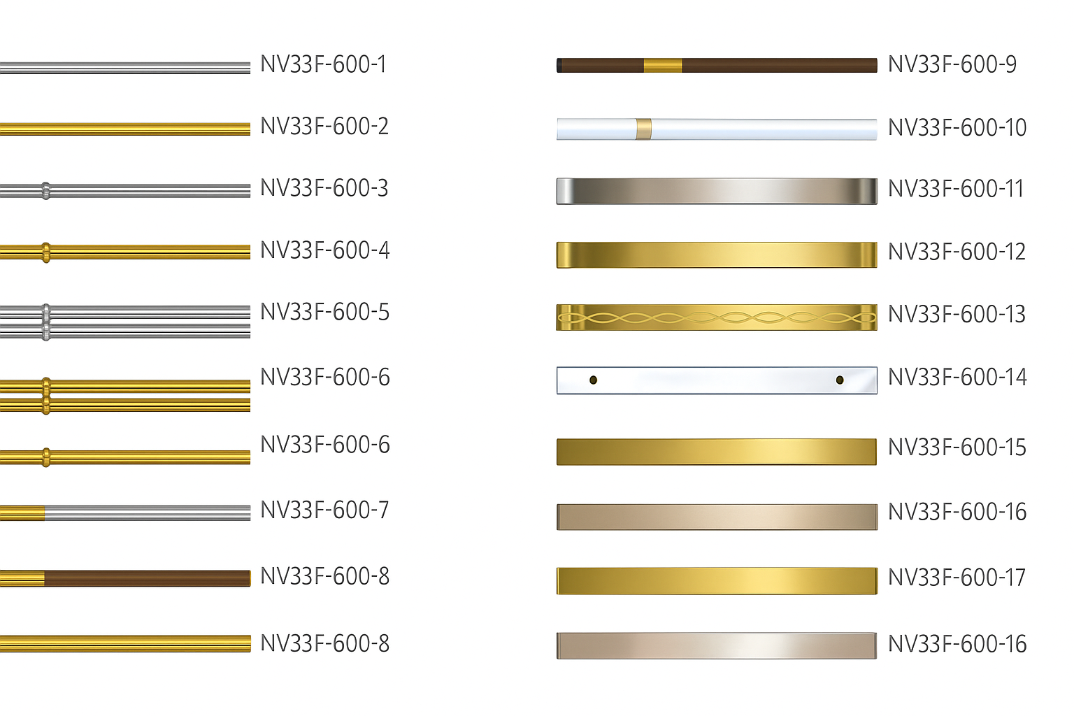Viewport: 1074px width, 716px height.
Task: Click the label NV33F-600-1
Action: coord(323,64)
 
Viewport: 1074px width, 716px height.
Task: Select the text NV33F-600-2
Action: coord(324,126)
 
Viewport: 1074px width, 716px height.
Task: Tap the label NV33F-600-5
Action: coord(324,312)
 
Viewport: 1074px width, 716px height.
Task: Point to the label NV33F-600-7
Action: coord(324,510)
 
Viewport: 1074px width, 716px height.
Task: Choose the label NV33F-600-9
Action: coord(952,64)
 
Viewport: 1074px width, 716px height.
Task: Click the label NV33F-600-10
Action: coord(957,127)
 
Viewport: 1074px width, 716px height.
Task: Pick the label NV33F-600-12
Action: coord(957,252)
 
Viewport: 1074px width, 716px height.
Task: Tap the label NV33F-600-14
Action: coord(957,377)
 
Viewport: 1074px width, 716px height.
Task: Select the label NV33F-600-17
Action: coord(957,577)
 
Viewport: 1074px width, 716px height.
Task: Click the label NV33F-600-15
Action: coord(957,447)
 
